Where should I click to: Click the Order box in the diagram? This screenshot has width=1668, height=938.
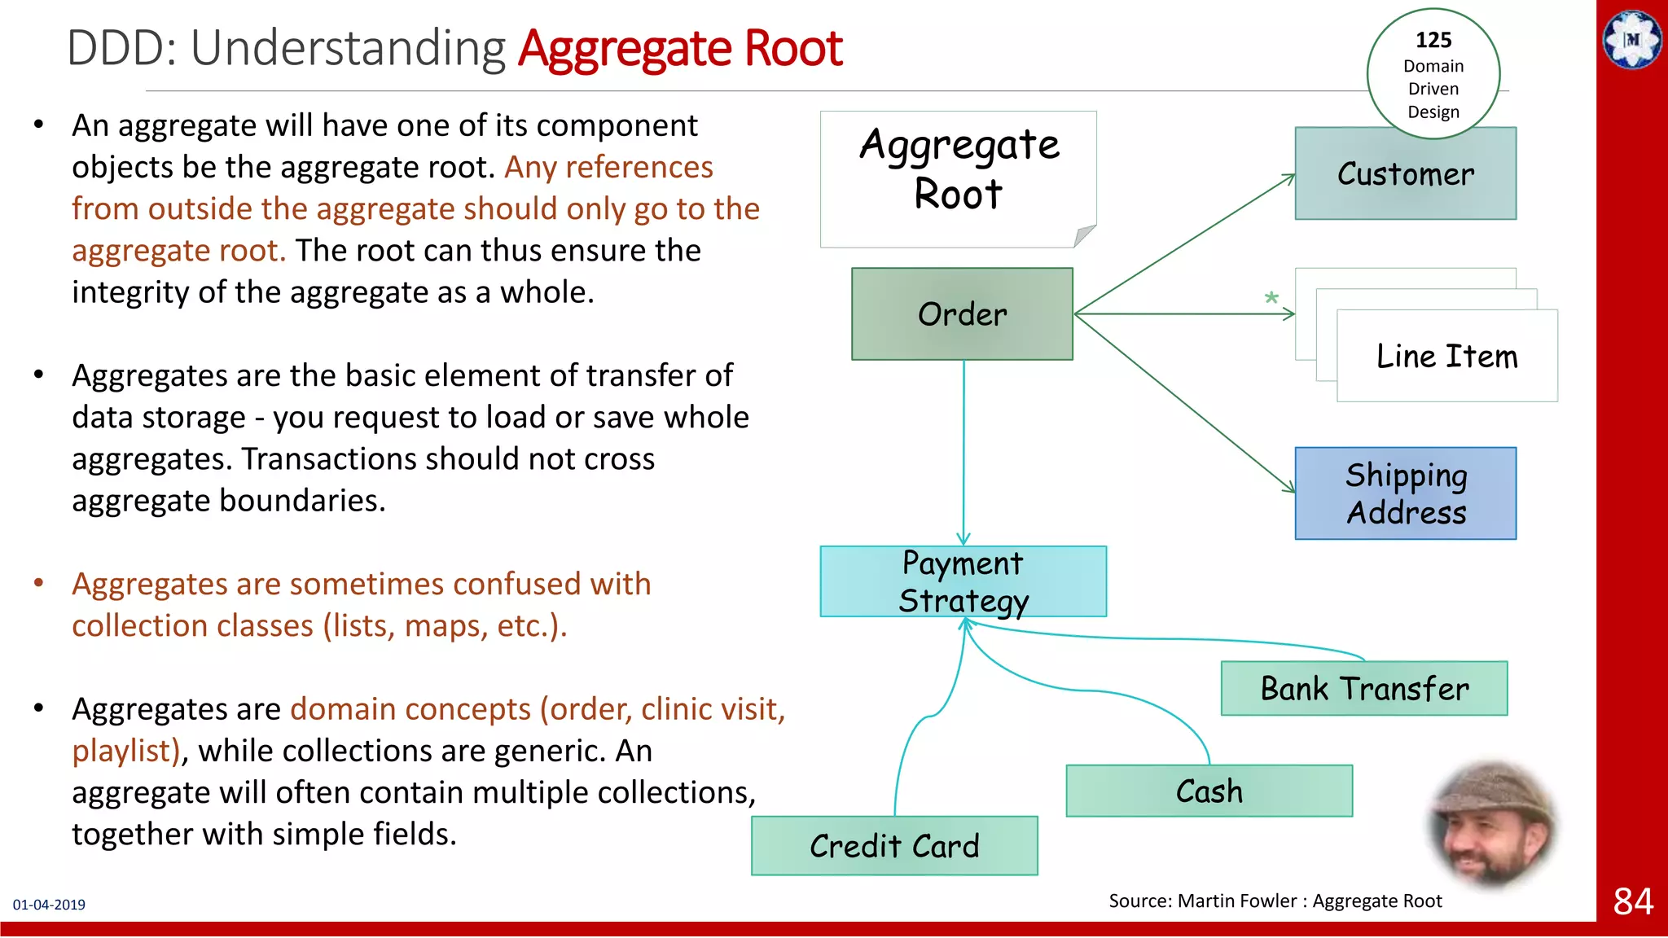point(962,314)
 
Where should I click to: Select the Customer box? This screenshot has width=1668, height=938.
point(1405,174)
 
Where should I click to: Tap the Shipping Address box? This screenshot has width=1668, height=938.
point(1405,493)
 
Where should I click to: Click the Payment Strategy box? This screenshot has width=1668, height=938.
point(963,581)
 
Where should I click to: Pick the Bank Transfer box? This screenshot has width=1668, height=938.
point(1364,689)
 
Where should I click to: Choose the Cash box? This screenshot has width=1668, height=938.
point(1209,791)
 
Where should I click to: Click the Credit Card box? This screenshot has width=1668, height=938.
point(894,846)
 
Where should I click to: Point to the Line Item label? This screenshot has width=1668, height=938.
point(1446,357)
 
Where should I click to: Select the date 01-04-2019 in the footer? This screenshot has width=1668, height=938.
point(49,905)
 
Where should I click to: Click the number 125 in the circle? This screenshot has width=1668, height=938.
point(1433,40)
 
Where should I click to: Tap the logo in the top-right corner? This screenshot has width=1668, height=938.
point(1632,39)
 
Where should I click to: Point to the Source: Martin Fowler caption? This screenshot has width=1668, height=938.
point(1275,901)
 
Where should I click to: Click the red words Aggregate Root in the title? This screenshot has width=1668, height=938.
point(680,48)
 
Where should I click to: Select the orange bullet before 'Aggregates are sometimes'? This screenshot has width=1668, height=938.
point(38,583)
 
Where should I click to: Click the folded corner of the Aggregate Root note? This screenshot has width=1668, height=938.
point(1084,235)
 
